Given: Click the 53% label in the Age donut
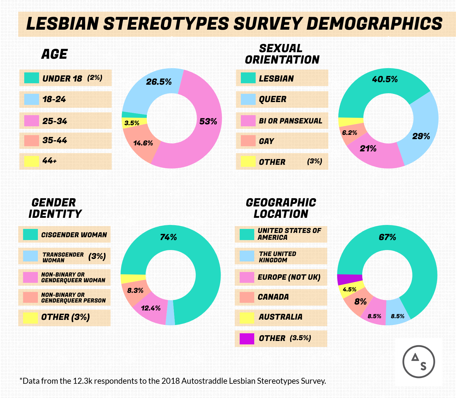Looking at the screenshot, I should [208, 122].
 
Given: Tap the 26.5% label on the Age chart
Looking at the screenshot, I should [159, 82].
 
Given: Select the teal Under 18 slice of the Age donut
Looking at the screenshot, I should [134, 115].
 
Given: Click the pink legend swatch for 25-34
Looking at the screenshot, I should [31, 121].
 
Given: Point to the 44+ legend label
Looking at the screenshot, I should [50, 161].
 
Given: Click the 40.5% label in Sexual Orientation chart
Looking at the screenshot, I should [385, 79].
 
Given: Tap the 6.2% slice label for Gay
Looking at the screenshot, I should [349, 133].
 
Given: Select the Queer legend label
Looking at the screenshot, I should [272, 99].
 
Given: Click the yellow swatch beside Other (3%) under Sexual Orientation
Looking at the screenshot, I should [248, 162].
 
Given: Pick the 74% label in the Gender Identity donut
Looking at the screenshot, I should [168, 237].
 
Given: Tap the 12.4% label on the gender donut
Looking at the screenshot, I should [150, 308].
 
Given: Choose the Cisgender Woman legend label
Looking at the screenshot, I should [74, 235].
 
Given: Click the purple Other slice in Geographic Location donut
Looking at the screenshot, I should [349, 279].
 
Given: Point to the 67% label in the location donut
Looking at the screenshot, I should [387, 237].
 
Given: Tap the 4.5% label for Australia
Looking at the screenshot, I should [349, 290].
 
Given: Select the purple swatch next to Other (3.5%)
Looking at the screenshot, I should [247, 338].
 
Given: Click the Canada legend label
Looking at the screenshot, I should [273, 297].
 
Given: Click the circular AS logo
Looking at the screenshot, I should [418, 362].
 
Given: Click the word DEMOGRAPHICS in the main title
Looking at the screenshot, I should [374, 24].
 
